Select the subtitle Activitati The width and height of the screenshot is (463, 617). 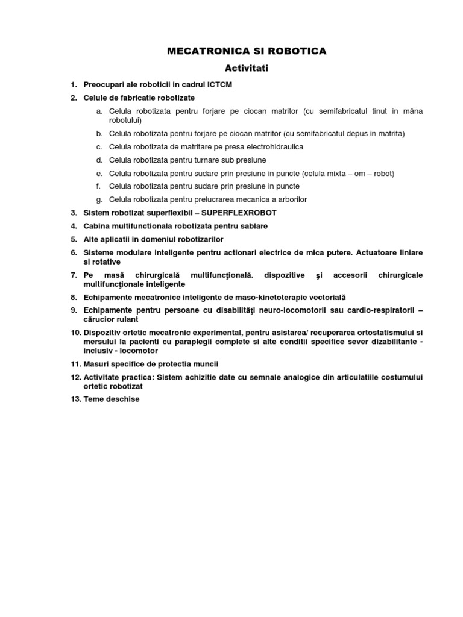(x=247, y=69)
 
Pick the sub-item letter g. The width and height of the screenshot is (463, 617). (x=99, y=199)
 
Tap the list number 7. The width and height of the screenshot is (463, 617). (x=74, y=275)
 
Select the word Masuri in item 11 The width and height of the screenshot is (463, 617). (x=97, y=364)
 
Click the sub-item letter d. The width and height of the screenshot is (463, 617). (x=99, y=160)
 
